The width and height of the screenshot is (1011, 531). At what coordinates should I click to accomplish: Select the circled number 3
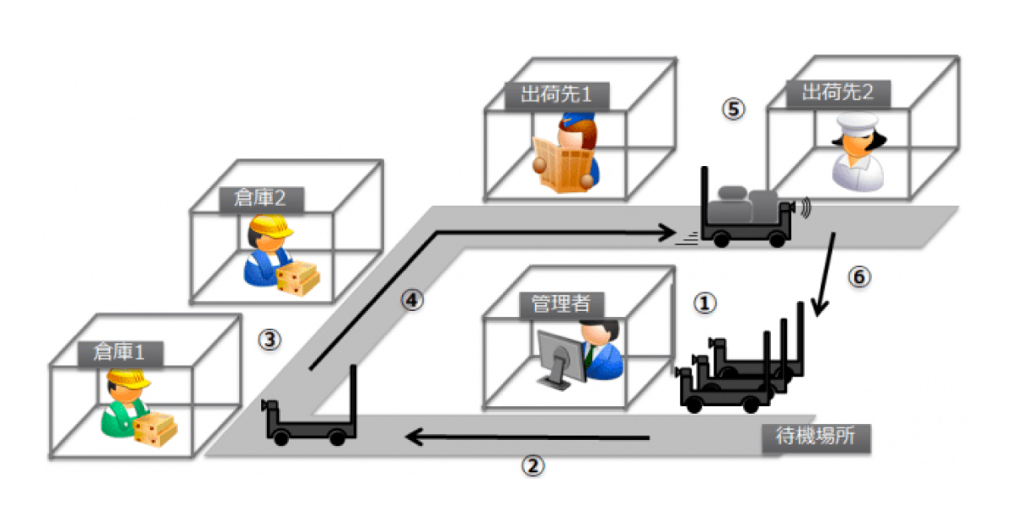[x=269, y=339]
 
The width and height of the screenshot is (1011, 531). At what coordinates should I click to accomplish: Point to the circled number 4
[x=411, y=300]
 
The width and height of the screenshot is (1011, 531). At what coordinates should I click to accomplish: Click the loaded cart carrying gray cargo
[x=746, y=216]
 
